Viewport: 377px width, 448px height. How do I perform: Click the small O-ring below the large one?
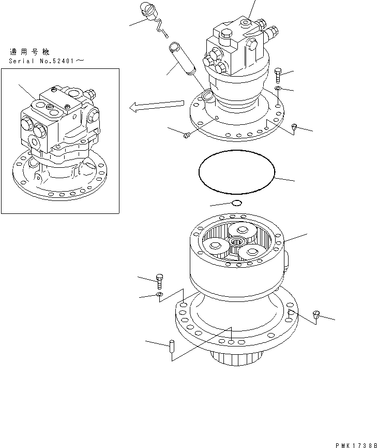(x=236, y=203)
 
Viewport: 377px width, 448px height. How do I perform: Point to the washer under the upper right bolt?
(x=278, y=90)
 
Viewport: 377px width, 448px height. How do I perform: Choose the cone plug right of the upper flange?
(x=294, y=127)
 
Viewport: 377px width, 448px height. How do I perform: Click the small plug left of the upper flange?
(x=188, y=135)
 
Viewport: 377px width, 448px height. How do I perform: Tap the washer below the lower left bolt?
(x=160, y=295)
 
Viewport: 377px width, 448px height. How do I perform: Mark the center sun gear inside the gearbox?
(x=238, y=241)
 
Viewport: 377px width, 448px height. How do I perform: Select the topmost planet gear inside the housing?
(x=242, y=230)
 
